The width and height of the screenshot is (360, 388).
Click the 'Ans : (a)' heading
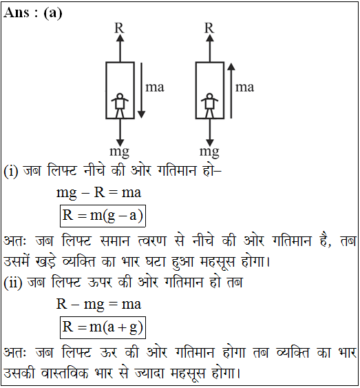(x=32, y=12)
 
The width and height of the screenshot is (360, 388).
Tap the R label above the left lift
(x=119, y=28)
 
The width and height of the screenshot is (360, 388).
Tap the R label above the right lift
(x=209, y=28)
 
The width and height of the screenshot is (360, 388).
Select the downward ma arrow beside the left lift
(x=141, y=90)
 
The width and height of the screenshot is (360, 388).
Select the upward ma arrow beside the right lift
(x=231, y=90)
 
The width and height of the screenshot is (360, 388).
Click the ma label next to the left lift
(x=155, y=88)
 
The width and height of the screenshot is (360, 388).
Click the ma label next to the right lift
(x=244, y=88)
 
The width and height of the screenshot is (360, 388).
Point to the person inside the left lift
(x=120, y=105)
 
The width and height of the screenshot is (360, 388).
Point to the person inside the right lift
(x=209, y=105)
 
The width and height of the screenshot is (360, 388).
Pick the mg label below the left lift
(x=120, y=152)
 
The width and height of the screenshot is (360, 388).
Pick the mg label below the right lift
(x=209, y=152)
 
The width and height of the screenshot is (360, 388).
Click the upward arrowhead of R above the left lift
(x=120, y=38)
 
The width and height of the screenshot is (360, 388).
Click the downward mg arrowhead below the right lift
(x=210, y=143)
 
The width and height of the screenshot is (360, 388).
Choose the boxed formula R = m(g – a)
(x=103, y=216)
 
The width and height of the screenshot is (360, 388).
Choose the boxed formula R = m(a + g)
(x=103, y=327)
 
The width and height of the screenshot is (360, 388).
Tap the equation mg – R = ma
(x=99, y=193)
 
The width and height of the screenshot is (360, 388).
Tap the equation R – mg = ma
(x=99, y=305)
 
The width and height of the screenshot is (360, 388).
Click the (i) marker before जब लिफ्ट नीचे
(x=11, y=171)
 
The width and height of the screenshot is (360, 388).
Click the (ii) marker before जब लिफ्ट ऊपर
(x=13, y=283)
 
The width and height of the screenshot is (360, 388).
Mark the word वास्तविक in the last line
(x=65, y=373)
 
